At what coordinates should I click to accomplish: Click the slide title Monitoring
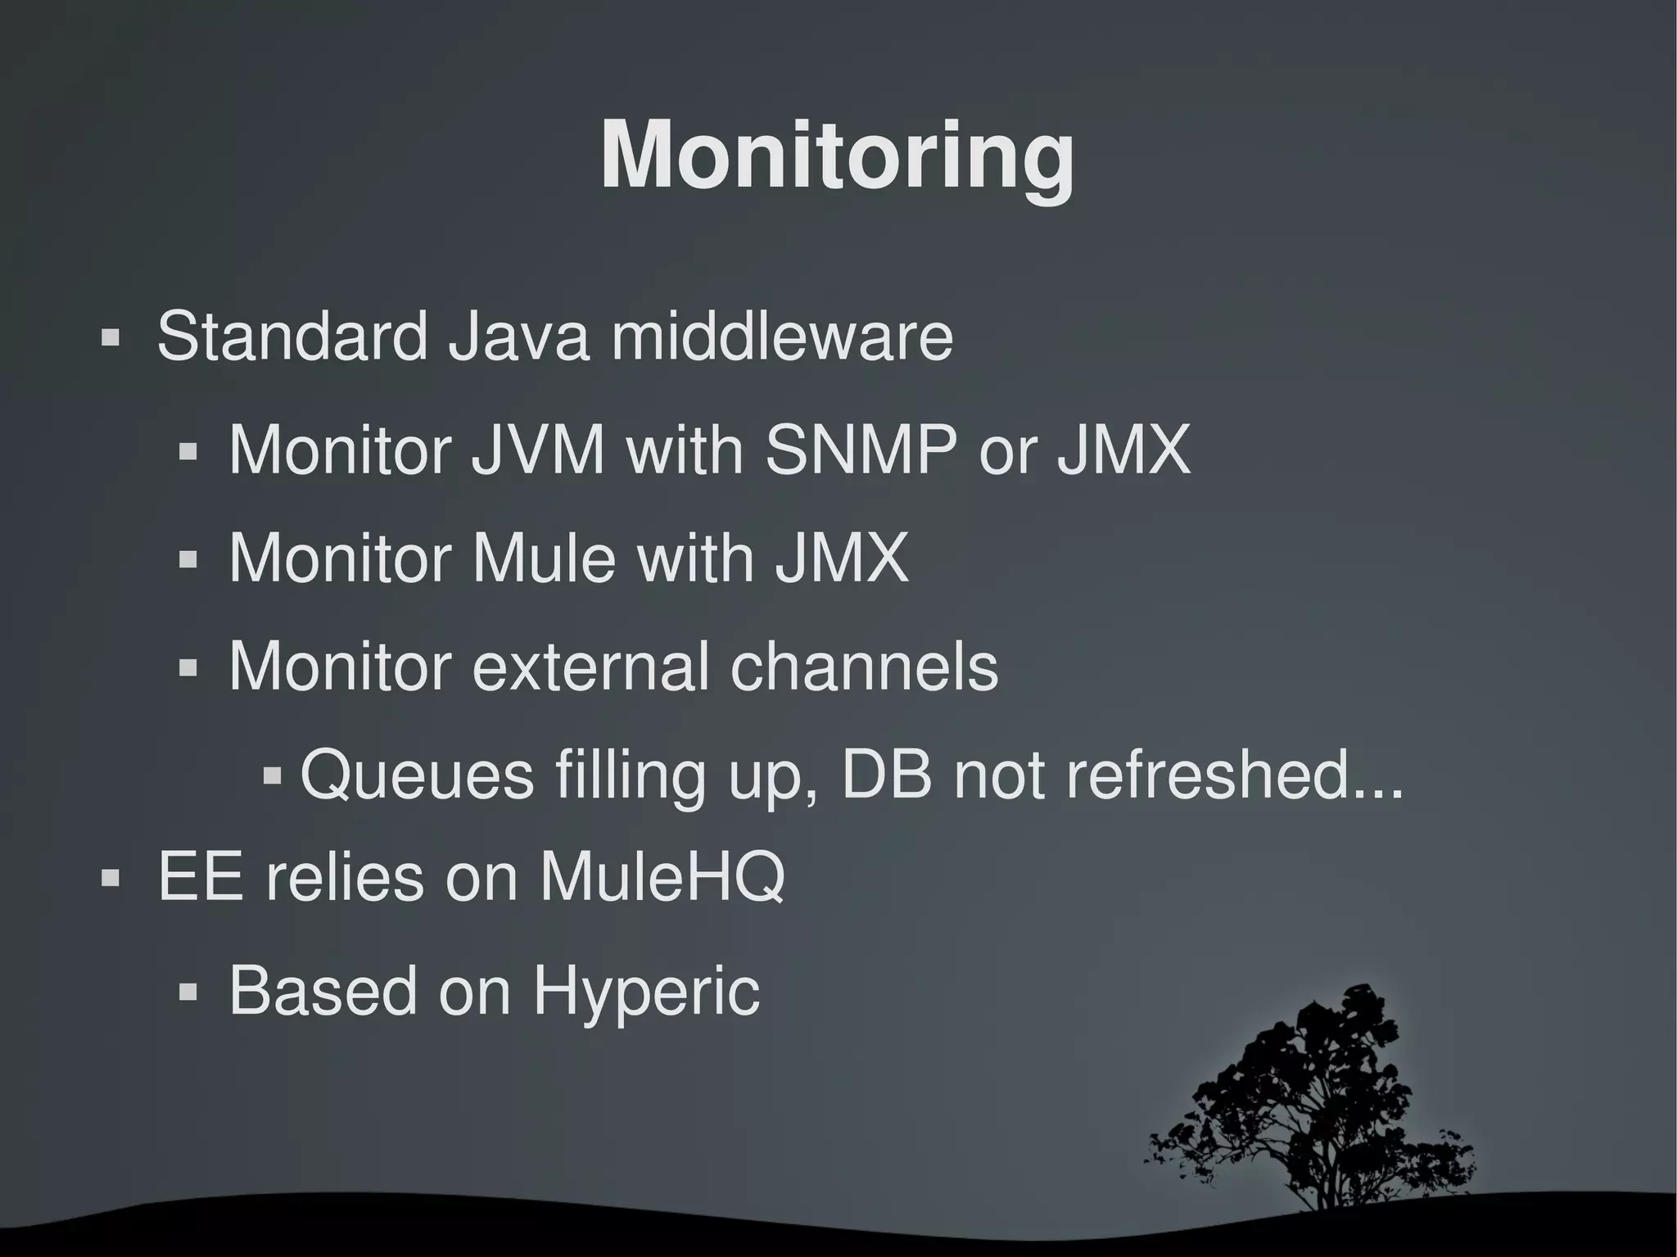tap(837, 157)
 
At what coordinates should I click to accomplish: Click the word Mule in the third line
tap(544, 558)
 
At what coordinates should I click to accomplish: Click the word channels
tap(864, 667)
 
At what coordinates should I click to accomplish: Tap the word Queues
tap(417, 775)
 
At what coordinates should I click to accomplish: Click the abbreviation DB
tap(887, 775)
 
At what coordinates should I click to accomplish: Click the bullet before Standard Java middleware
tap(110, 338)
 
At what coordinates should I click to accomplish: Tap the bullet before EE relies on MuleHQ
tap(110, 879)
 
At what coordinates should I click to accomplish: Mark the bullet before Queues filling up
tap(273, 775)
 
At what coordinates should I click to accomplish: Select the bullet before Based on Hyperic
tap(188, 993)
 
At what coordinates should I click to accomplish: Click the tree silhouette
tap(1318, 1106)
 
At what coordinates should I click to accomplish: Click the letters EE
tap(200, 878)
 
